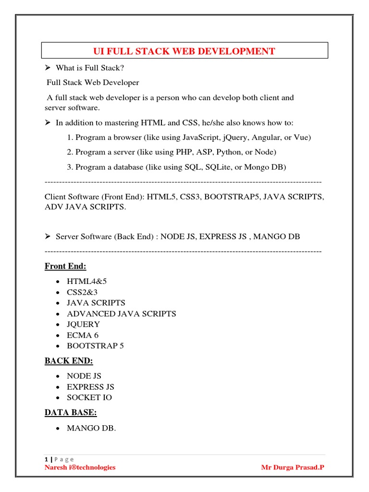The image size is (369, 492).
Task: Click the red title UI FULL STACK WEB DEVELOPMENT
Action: pos(184,51)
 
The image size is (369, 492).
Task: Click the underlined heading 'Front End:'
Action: pos(65,266)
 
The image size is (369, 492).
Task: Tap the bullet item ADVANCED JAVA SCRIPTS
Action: pos(122,314)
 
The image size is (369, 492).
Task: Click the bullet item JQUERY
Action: pos(84,324)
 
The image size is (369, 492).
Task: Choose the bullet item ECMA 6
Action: pos(83,335)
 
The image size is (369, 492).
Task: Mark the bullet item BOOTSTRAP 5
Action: pos(95,346)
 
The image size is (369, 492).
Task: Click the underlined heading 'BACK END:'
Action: pos(69,361)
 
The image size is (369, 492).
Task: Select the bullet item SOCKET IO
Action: pos(89,397)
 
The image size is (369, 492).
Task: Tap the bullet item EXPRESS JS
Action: pos(90,387)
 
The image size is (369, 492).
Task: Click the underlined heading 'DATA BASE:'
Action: pos(72,412)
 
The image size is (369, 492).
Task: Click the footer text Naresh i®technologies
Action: pos(80,467)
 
